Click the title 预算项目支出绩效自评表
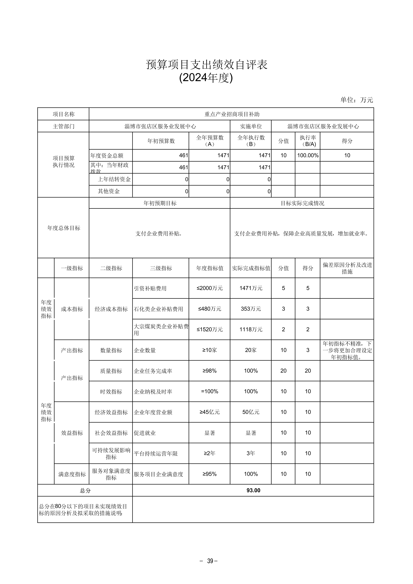pos(206,65)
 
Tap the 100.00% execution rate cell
pos(308,155)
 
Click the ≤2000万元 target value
pos(210,288)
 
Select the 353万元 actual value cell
pos(251,309)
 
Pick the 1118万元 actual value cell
pos(251,329)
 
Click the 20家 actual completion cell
pos(251,350)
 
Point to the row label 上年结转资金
pos(114,179)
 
